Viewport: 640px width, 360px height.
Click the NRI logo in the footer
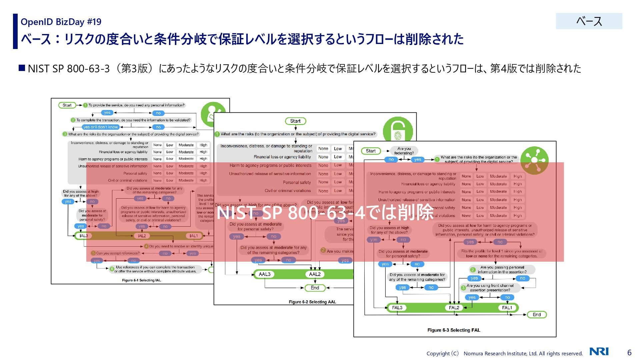[x=599, y=351]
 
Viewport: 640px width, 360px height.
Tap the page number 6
[x=629, y=352]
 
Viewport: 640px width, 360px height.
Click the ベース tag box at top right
[x=589, y=21]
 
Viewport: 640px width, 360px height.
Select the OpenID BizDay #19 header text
[x=61, y=22]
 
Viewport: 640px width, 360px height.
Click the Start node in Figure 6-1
[x=67, y=105]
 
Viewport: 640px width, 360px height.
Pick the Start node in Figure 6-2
[x=295, y=121]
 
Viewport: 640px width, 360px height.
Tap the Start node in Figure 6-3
[x=371, y=151]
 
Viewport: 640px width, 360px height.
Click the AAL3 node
[x=265, y=274]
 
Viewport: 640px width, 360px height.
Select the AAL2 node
[x=315, y=274]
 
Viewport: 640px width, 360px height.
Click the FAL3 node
[x=397, y=308]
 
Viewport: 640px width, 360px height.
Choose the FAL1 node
[x=507, y=308]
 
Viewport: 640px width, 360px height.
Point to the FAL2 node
[x=454, y=308]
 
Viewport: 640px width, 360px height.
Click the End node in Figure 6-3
[x=537, y=315]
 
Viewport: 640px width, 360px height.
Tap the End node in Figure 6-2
[x=315, y=288]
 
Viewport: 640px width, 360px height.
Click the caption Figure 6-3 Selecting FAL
[x=454, y=330]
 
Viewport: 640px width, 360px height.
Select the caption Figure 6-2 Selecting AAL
[x=312, y=302]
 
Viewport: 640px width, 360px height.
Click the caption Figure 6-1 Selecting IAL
[x=141, y=280]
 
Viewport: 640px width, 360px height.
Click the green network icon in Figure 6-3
[x=534, y=160]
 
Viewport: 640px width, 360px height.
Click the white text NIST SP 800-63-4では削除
[x=325, y=212]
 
